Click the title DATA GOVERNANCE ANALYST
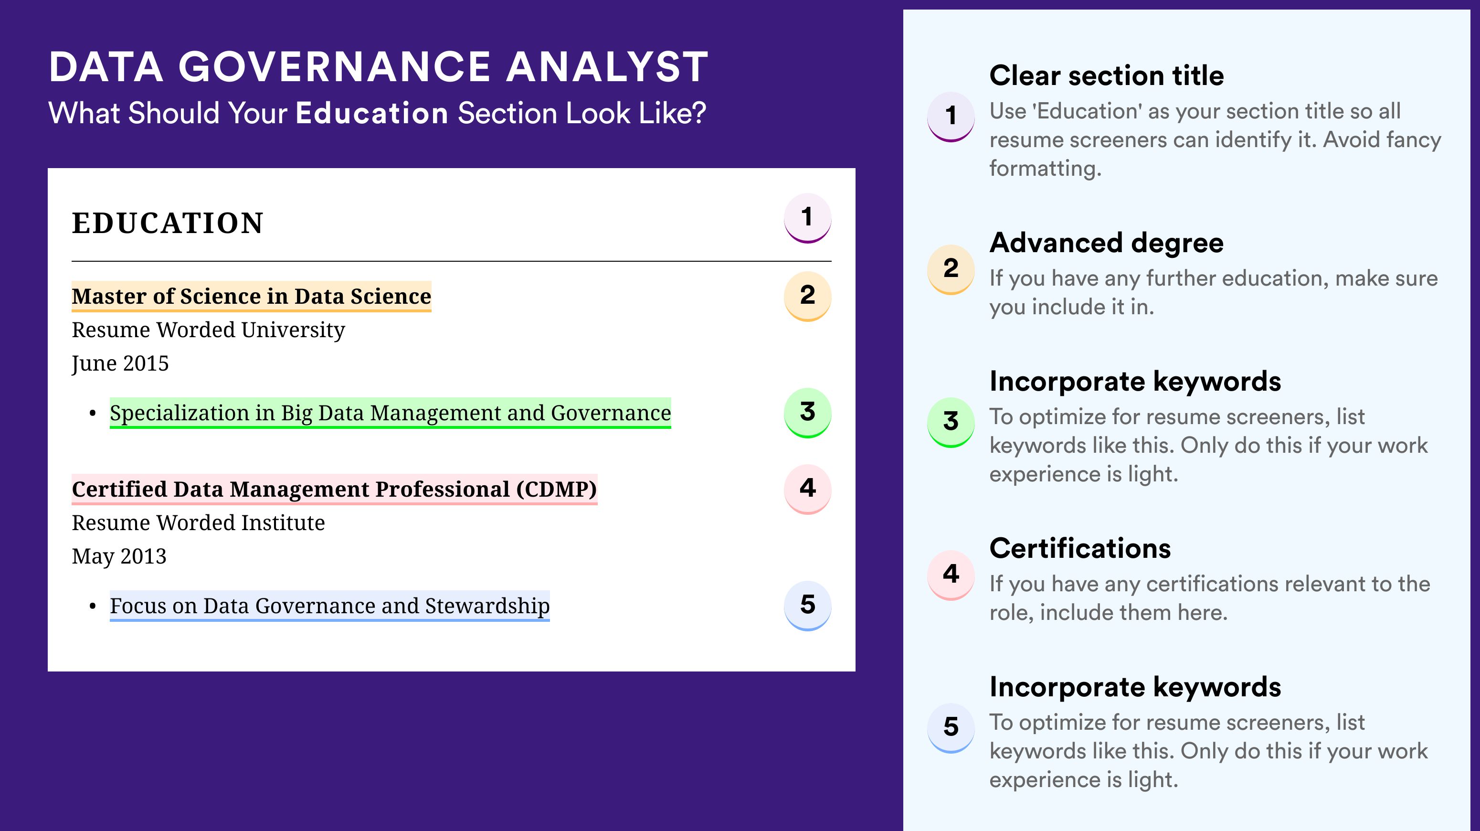coord(379,67)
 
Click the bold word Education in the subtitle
coord(372,113)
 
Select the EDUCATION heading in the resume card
coord(167,223)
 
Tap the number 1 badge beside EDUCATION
coord(807,218)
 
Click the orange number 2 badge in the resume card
coord(807,296)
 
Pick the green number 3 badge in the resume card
coord(807,413)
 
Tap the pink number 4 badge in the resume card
coord(807,489)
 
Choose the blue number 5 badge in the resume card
coord(807,606)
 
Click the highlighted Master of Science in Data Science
coord(251,297)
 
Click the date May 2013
coord(119,556)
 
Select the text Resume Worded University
coord(208,330)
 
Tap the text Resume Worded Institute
coord(198,523)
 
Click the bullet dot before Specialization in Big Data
coord(93,414)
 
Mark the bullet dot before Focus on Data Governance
coord(93,607)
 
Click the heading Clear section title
coord(1107,75)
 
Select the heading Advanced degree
coord(1107,243)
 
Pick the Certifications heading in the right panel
coord(1080,548)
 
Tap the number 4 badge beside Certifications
coord(951,575)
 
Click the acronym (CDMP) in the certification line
coord(556,490)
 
